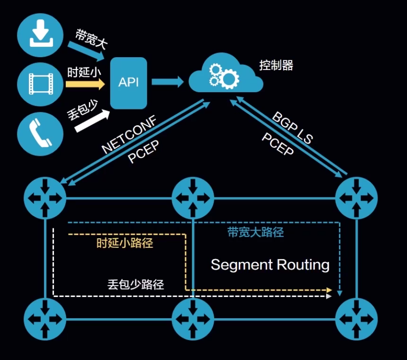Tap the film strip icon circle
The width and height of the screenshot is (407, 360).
[40, 84]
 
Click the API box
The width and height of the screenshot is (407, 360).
[129, 83]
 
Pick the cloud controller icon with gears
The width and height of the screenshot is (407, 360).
[225, 75]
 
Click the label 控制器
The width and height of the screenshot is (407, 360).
[276, 65]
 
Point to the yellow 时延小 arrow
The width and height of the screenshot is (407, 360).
[85, 84]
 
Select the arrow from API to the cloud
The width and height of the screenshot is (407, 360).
[167, 82]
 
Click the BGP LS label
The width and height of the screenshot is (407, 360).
[293, 128]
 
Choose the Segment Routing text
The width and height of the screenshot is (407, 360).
[270, 265]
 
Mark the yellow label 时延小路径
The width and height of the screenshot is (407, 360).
[125, 243]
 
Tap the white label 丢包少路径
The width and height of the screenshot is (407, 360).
[136, 285]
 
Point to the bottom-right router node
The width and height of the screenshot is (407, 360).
[356, 318]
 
